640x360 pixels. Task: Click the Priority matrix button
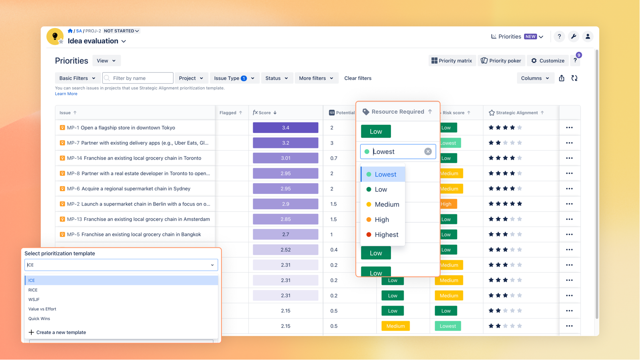[452, 61]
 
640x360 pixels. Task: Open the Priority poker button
[501, 61]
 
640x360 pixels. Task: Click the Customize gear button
[548, 61]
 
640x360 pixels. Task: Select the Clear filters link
[358, 78]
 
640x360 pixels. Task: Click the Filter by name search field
[138, 78]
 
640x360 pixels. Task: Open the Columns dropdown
[535, 78]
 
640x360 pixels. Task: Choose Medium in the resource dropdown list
[387, 204]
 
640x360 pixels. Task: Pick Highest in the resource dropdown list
[386, 235]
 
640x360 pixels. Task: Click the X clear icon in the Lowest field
[428, 152]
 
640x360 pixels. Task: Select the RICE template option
[33, 290]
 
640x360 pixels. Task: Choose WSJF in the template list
[34, 300]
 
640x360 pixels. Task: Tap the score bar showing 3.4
[285, 128]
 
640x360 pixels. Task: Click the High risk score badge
[447, 204]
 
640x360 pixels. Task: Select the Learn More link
[66, 94]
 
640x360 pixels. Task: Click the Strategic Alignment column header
[516, 113]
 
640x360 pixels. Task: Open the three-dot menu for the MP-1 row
[569, 128]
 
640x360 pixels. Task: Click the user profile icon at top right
[588, 36]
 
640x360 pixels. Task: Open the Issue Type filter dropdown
[234, 78]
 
